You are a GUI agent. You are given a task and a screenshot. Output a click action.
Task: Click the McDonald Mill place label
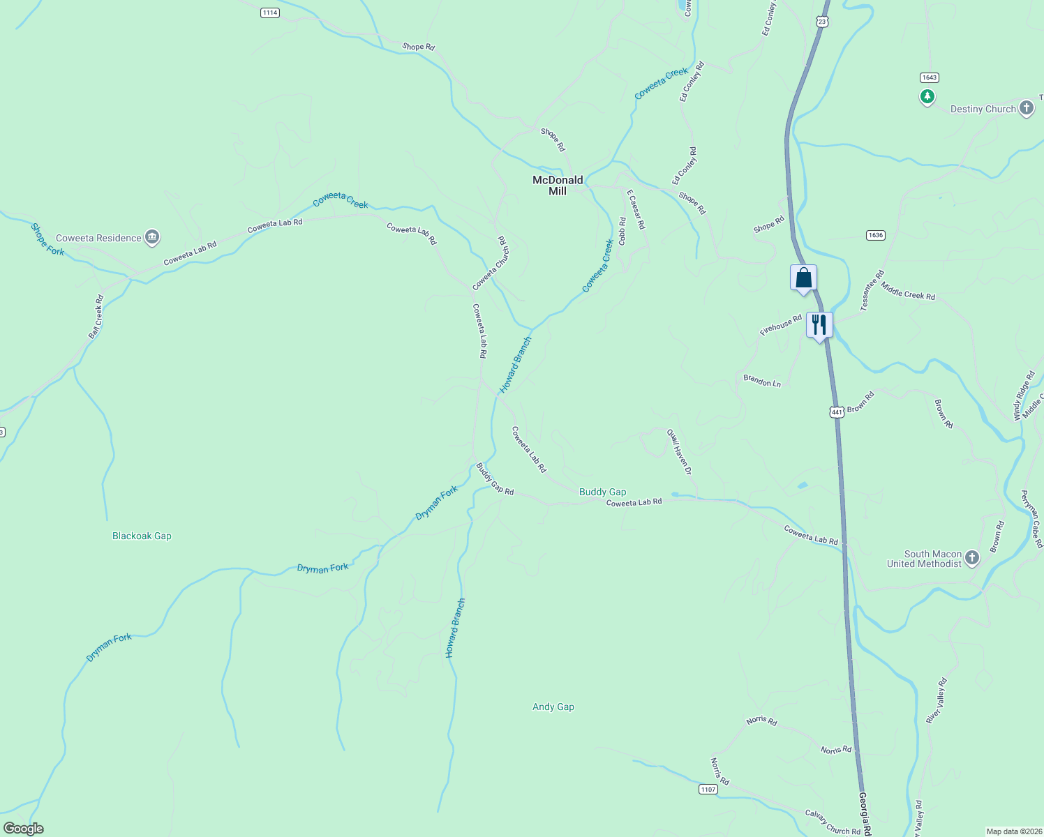(x=558, y=186)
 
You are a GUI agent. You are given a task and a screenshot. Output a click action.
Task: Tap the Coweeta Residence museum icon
(x=152, y=238)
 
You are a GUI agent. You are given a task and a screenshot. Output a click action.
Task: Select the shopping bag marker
(x=803, y=278)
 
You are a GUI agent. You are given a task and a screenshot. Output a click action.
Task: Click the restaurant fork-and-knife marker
(x=819, y=324)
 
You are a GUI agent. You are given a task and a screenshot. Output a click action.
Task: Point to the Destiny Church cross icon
(x=1026, y=108)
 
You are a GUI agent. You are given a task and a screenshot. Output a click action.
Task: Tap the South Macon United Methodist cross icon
(x=972, y=558)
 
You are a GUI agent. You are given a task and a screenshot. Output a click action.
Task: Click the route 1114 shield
(x=270, y=13)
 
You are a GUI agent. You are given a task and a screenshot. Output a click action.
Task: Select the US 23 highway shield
(x=822, y=22)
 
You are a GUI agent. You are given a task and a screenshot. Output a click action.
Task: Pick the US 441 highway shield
(x=837, y=412)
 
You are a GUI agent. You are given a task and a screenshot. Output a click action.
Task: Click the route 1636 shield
(x=876, y=235)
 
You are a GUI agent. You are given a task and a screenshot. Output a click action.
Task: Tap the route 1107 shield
(x=708, y=789)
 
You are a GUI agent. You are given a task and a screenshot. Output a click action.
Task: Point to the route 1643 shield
(x=929, y=77)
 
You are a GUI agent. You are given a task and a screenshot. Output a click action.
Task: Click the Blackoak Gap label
(x=142, y=536)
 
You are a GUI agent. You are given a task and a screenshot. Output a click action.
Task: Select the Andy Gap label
(x=553, y=707)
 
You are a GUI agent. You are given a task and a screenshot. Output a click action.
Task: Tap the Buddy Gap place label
(x=602, y=492)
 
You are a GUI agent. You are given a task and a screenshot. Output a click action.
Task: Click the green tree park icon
(x=927, y=97)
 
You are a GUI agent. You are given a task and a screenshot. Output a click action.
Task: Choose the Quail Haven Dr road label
(x=679, y=452)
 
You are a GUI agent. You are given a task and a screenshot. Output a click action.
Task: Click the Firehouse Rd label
(x=781, y=325)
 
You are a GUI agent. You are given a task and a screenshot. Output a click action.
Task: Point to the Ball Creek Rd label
(x=96, y=317)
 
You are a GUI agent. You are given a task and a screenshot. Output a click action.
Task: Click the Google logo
(x=24, y=829)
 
